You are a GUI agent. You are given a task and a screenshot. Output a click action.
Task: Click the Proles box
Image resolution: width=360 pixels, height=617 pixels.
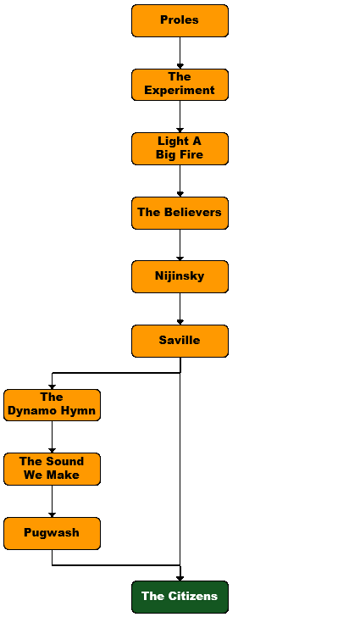pos(180,21)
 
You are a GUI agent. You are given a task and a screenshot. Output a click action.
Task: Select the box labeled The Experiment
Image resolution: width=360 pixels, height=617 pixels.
pos(180,85)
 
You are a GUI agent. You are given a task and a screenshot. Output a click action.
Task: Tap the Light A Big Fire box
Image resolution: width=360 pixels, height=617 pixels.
pos(180,148)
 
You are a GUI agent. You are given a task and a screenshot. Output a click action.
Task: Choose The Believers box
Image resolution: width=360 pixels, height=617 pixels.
pos(180,213)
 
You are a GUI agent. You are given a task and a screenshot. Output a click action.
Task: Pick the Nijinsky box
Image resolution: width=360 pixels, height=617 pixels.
pos(180,276)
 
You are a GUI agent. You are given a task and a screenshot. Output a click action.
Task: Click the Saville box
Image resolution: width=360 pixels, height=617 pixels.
pos(180,341)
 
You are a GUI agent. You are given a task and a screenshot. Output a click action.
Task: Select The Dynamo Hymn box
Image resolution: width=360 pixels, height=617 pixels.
pos(52,405)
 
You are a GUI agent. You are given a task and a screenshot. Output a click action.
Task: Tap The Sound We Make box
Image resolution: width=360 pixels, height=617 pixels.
pos(52,469)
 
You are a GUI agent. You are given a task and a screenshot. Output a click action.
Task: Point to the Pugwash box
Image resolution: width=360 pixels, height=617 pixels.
pos(52,533)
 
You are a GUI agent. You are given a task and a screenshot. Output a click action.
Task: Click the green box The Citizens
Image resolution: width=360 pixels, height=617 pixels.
pos(180,597)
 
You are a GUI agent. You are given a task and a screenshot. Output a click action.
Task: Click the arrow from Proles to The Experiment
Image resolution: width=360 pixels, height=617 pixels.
pos(180,53)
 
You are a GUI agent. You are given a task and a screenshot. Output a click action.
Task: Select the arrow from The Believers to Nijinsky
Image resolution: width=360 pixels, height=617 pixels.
pos(180,245)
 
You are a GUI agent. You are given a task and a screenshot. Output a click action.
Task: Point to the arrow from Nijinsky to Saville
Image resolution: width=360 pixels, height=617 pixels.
pos(180,308)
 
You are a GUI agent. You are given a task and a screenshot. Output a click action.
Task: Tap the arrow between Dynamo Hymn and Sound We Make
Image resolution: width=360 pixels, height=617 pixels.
pos(52,436)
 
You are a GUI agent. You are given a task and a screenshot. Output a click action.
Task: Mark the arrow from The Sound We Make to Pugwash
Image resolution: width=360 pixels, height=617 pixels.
pos(52,501)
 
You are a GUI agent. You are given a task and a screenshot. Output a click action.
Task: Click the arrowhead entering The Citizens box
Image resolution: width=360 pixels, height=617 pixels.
pos(180,578)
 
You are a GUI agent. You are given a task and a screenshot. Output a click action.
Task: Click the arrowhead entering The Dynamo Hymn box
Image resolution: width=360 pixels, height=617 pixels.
pos(52,386)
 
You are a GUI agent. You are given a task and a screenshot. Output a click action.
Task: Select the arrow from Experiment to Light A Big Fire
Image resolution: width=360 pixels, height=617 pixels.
pos(180,116)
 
